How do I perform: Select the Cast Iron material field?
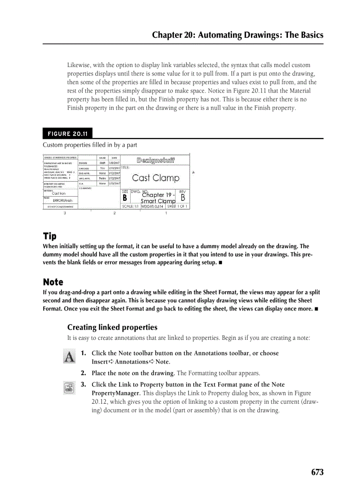click(59, 194)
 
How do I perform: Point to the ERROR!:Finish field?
click(63, 201)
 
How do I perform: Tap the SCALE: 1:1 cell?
click(130, 206)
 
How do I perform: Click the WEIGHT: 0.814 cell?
click(152, 206)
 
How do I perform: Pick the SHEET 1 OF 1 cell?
click(177, 206)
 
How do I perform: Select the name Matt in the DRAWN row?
click(102, 163)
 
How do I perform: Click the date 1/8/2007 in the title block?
click(114, 163)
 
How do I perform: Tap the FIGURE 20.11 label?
click(67, 134)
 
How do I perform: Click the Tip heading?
click(49, 236)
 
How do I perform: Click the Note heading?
click(53, 282)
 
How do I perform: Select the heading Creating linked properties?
click(112, 328)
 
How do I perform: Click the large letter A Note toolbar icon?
click(69, 356)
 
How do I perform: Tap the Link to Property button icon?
click(69, 388)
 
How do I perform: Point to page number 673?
click(317, 472)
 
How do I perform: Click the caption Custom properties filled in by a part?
click(90, 145)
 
